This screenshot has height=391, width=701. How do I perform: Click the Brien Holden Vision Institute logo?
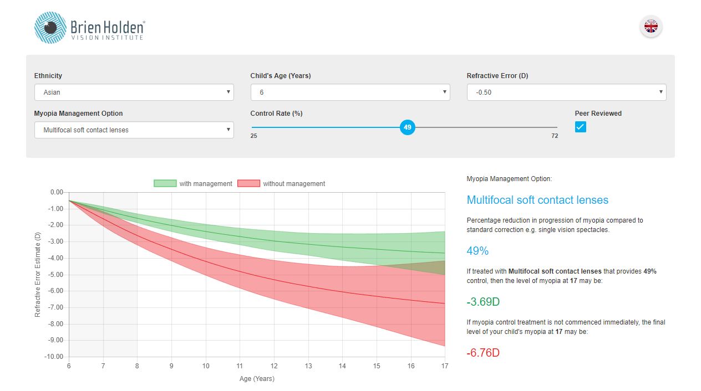(x=89, y=28)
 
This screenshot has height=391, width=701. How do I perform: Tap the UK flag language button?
(x=651, y=26)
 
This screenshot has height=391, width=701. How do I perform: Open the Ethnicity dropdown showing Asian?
(x=134, y=92)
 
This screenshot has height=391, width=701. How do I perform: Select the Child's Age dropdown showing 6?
(x=350, y=92)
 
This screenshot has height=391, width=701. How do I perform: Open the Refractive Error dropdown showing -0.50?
(x=566, y=92)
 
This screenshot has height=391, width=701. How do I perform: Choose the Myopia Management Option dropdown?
(x=134, y=130)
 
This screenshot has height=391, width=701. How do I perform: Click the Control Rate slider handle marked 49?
(x=408, y=127)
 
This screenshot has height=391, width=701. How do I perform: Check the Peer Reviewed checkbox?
(x=580, y=127)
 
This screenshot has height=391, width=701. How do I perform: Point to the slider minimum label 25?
(x=253, y=136)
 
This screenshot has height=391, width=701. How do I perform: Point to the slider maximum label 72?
(x=555, y=136)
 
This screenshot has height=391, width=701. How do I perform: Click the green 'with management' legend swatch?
(x=165, y=184)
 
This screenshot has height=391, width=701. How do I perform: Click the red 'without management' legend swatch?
(x=248, y=184)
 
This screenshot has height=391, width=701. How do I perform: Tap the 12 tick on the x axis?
(x=274, y=366)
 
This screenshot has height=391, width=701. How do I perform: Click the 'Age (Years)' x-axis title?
(x=257, y=379)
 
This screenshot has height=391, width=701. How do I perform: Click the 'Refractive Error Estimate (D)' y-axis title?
(x=38, y=275)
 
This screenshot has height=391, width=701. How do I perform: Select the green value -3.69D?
(x=483, y=302)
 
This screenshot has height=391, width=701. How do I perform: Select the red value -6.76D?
(x=483, y=353)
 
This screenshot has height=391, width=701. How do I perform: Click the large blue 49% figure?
(x=478, y=251)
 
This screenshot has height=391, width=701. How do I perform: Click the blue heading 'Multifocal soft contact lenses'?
(x=537, y=200)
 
